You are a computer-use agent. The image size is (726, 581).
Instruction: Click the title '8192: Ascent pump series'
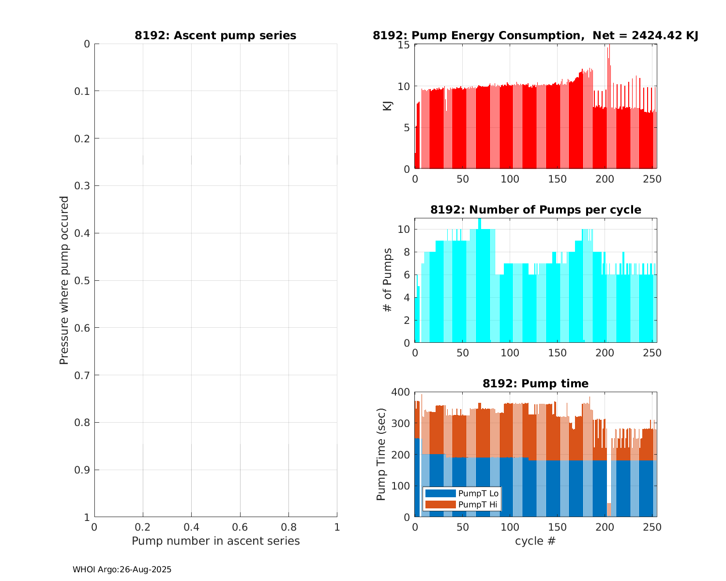(215, 36)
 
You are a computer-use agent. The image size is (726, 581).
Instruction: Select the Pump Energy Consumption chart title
(535, 36)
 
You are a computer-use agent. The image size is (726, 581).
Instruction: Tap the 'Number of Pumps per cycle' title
(535, 210)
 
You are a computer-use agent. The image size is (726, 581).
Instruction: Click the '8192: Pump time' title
(535, 383)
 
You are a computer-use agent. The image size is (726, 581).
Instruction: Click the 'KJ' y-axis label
(388, 106)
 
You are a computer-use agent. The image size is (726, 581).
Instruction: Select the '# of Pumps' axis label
(388, 279)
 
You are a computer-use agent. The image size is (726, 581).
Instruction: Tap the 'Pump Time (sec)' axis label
(381, 455)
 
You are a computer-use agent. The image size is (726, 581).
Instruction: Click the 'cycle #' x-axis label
(535, 541)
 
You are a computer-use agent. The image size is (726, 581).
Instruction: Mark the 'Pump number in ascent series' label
(215, 541)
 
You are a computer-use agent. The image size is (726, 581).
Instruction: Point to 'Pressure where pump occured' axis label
(64, 280)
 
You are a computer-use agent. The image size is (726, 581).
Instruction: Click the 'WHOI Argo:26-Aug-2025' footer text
(122, 570)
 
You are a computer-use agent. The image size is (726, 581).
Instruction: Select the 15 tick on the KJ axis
(405, 45)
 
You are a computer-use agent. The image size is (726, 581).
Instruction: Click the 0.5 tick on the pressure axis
(84, 281)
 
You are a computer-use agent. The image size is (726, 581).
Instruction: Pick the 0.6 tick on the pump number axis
(240, 527)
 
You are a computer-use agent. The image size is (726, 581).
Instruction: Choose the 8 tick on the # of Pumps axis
(407, 252)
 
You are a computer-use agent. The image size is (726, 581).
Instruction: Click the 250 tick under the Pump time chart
(652, 527)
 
